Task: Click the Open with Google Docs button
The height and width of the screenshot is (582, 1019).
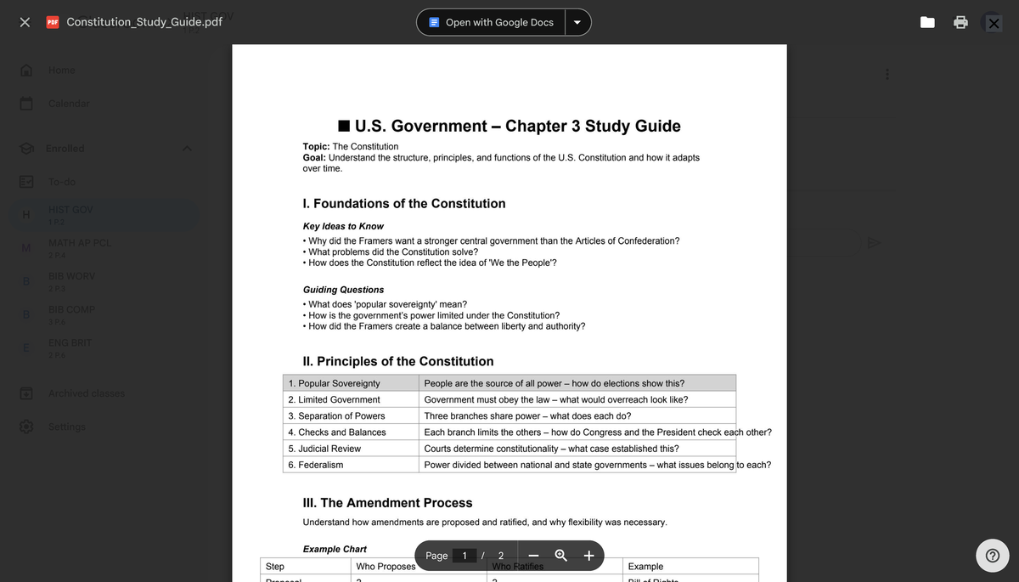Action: [491, 22]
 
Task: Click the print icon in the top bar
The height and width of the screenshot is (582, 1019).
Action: [960, 23]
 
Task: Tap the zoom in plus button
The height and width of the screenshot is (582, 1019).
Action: [588, 556]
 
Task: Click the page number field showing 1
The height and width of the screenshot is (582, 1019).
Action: [464, 556]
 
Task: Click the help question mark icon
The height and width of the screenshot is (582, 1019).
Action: [991, 557]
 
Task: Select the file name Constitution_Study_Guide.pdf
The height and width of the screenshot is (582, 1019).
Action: [144, 22]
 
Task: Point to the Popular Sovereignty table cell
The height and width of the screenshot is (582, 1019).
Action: [335, 383]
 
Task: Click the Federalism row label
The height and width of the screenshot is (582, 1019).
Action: [316, 465]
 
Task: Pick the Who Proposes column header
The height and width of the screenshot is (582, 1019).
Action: [386, 567]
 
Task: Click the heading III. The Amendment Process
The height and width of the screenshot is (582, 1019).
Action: [387, 503]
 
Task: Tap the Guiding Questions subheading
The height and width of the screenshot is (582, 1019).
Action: [343, 290]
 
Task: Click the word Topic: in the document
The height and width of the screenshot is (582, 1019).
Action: [316, 147]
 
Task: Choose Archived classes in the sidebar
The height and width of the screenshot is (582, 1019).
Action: [86, 393]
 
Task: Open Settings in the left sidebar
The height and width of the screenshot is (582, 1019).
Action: [67, 427]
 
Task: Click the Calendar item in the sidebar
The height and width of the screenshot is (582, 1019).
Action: [69, 104]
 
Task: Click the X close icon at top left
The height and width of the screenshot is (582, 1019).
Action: [25, 23]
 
